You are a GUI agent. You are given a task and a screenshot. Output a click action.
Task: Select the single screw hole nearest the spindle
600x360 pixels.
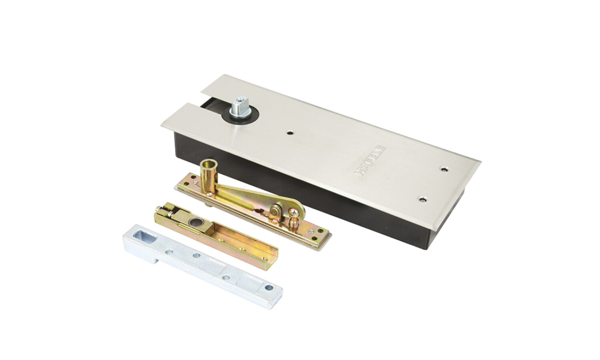click(x=290, y=132)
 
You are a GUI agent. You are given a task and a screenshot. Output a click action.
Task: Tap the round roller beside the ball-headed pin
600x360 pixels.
click(x=276, y=210)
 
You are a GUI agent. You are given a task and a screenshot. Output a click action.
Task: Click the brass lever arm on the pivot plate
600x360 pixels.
click(x=257, y=199)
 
